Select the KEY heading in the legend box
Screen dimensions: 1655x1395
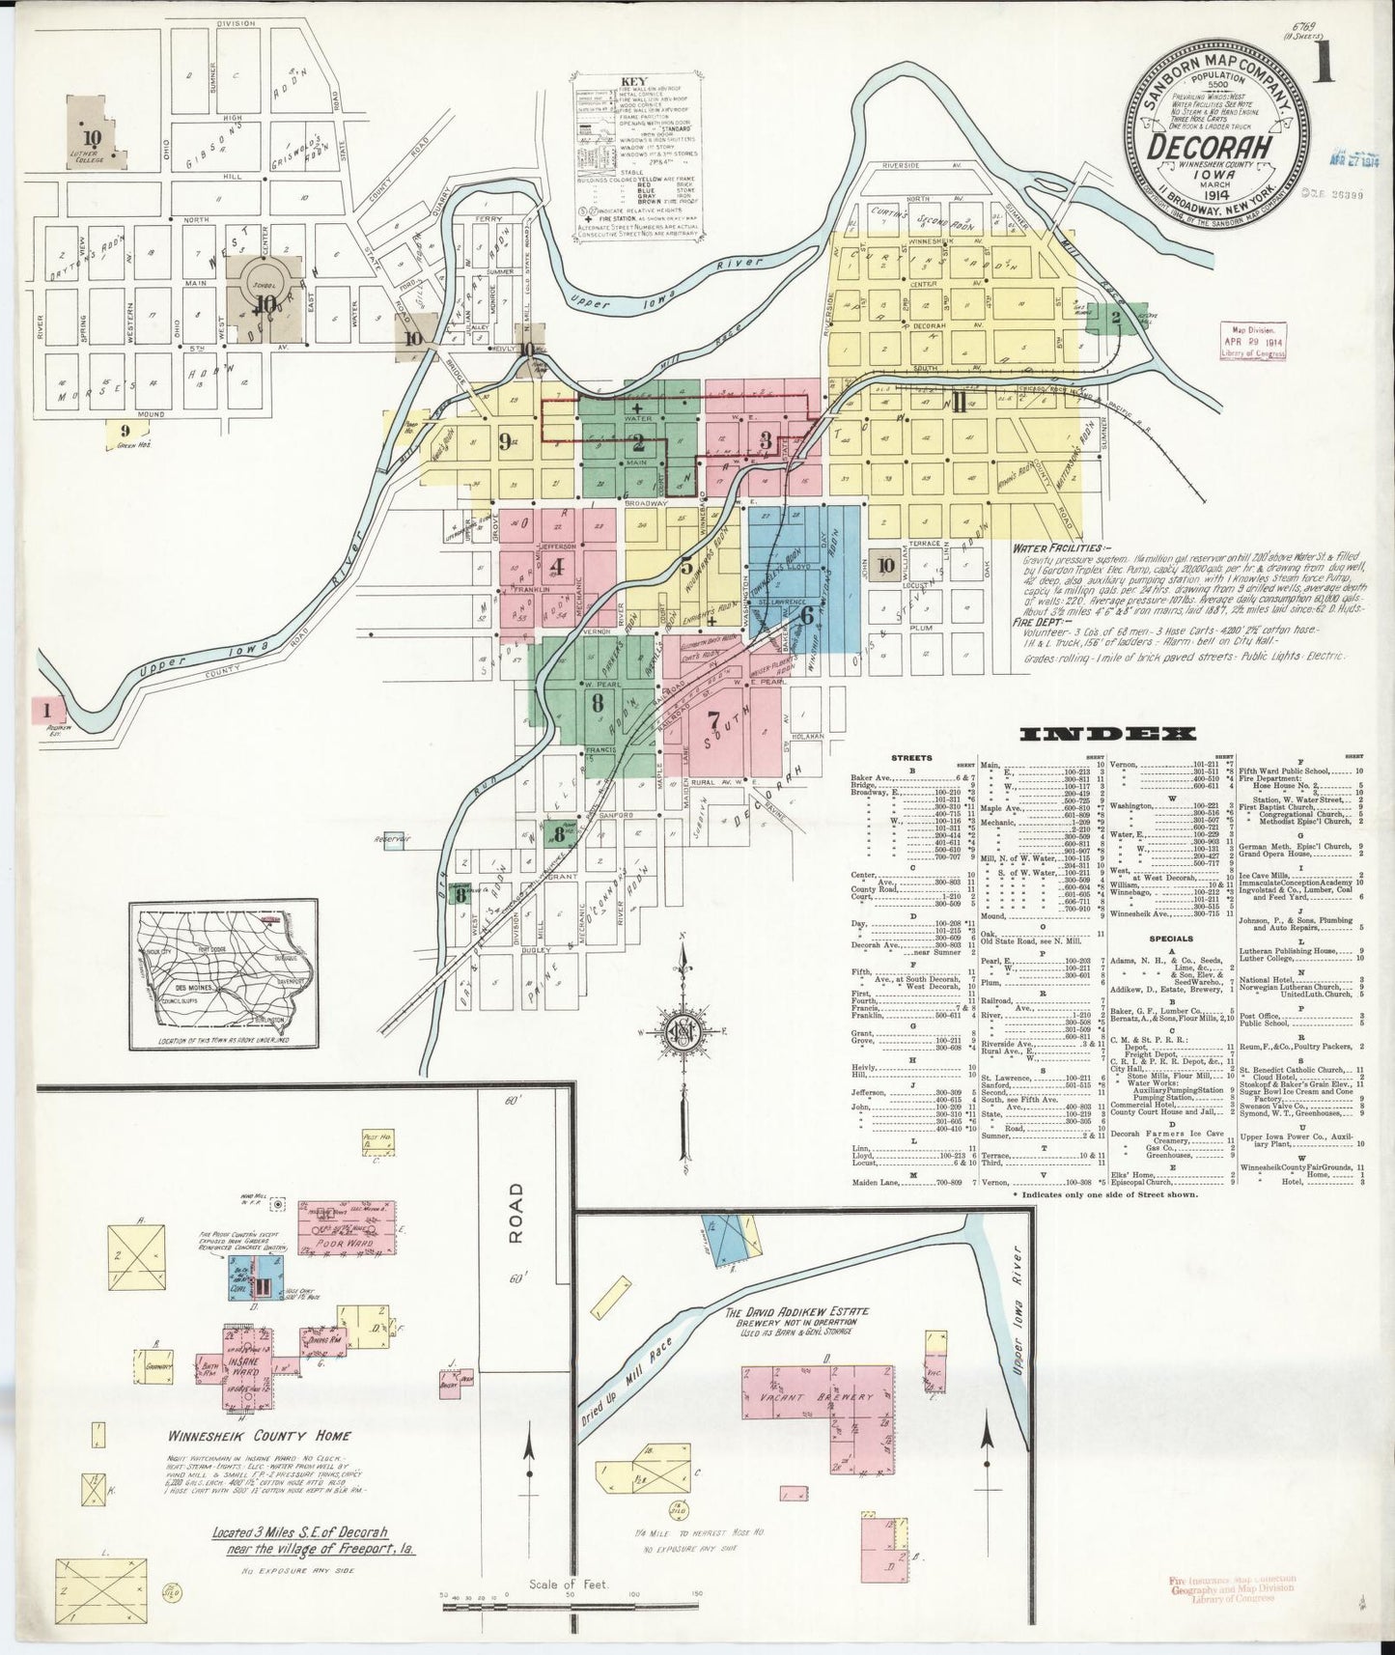pos(636,81)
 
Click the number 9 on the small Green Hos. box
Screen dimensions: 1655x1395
pos(124,431)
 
